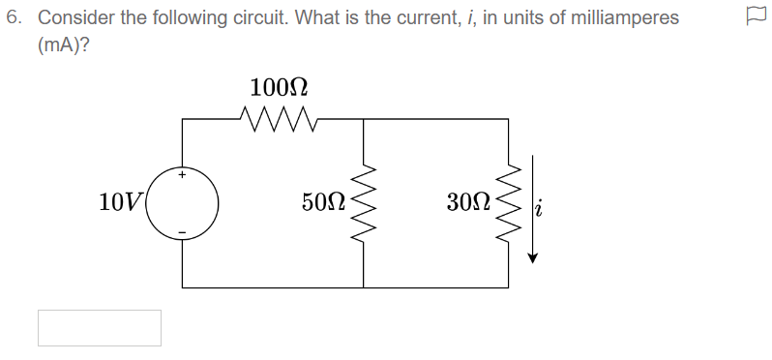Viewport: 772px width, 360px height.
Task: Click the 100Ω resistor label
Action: click(x=279, y=88)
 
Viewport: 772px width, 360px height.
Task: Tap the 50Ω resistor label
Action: click(x=322, y=202)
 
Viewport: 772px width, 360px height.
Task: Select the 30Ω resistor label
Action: click(x=467, y=202)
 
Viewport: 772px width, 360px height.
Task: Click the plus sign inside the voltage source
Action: click(x=181, y=175)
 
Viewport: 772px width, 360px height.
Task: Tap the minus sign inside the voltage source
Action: click(x=181, y=231)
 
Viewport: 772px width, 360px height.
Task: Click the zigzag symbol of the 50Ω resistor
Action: click(x=363, y=203)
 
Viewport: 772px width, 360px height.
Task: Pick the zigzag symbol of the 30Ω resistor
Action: click(x=508, y=203)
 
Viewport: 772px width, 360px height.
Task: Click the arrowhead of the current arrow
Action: click(x=531, y=257)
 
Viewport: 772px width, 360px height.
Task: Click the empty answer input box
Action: click(x=100, y=328)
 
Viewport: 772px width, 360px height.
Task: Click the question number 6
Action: click(x=13, y=18)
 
